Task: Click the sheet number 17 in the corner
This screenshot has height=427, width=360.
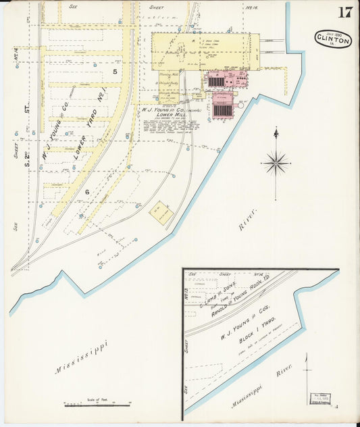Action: coord(344,12)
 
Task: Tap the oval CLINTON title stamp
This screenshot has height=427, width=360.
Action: coord(333,39)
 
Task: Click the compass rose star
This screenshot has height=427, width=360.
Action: coord(276,162)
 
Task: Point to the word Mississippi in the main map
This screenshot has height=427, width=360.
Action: coord(82,358)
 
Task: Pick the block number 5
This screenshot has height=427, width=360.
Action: coord(115,72)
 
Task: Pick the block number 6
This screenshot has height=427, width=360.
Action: coord(87,193)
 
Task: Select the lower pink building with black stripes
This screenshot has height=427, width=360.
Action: coord(222,107)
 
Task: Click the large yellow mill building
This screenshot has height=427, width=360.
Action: coord(203,51)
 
